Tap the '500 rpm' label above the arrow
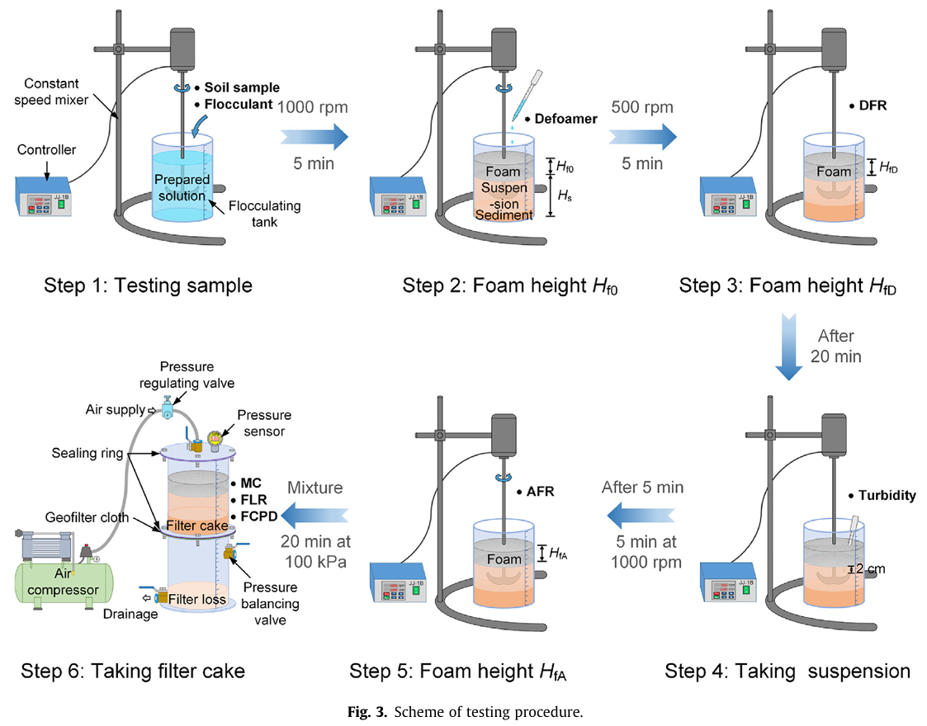pyautogui.click(x=642, y=107)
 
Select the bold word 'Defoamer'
pyautogui.click(x=565, y=119)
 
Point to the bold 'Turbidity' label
pyautogui.click(x=882, y=496)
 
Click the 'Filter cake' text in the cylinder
pyautogui.click(x=196, y=526)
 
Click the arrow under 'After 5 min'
pyautogui.click(x=642, y=516)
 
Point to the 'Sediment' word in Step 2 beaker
pyautogui.click(x=504, y=214)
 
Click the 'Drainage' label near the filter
pyautogui.click(x=130, y=614)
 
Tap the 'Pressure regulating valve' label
pyautogui.click(x=197, y=375)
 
